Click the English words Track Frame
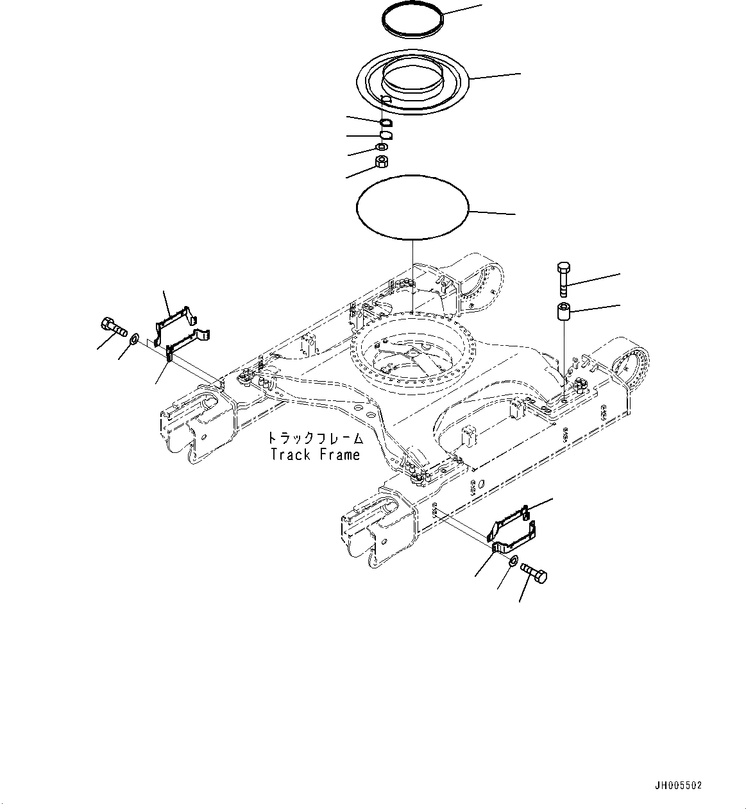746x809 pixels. coord(315,455)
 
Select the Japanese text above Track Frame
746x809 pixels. coord(315,439)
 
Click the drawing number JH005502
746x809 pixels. coord(678,785)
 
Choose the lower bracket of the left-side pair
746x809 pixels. coord(188,341)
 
